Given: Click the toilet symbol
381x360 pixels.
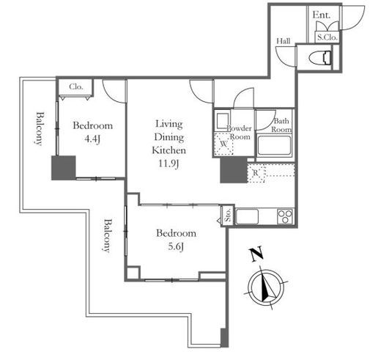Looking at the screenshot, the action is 320,58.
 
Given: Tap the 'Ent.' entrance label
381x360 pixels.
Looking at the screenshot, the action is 322,15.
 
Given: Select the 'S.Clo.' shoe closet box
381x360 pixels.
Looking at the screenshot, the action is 328,37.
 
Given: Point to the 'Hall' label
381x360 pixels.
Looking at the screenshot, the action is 284,41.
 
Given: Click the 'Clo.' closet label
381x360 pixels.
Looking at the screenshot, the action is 76,87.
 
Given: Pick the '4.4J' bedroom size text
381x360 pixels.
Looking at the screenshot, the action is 92,139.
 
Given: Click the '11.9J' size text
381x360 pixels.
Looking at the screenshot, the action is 169,164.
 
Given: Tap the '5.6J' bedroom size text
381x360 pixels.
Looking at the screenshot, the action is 176,247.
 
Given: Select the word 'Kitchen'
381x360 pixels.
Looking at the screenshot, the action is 169,150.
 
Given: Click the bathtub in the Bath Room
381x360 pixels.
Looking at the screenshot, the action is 274,146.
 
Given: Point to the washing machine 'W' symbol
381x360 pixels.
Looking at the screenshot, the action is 223,144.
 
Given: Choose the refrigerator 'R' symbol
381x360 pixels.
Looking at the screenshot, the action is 256,173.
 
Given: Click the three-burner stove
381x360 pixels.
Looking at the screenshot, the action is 285,216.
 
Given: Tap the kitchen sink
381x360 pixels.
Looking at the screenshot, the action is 247,216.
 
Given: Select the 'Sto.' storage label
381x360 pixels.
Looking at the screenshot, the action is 228,215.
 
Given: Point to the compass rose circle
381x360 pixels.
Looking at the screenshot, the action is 266,287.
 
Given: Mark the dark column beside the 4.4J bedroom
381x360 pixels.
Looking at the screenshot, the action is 64,168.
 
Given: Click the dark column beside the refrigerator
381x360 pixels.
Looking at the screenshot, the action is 234,170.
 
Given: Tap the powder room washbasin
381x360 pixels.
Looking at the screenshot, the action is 222,121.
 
